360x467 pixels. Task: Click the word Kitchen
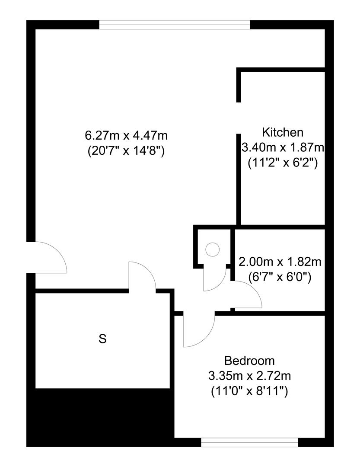(x=283, y=132)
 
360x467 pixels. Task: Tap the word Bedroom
(x=249, y=361)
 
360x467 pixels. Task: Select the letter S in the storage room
(x=102, y=339)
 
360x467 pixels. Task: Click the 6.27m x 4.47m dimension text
(x=126, y=135)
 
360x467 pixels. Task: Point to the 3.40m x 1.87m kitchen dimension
(x=283, y=147)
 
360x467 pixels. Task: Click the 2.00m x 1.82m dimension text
(x=280, y=262)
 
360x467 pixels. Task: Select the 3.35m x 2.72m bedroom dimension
(x=249, y=376)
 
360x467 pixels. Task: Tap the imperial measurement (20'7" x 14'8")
(x=126, y=151)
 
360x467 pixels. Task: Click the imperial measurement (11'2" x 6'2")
(x=283, y=163)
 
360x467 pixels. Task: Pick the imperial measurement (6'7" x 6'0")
(x=280, y=277)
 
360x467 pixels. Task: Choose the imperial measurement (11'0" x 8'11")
(x=249, y=391)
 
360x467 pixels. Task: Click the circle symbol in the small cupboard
(x=213, y=249)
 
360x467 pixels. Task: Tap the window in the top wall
(x=175, y=24)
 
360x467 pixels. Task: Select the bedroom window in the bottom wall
(x=249, y=442)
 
